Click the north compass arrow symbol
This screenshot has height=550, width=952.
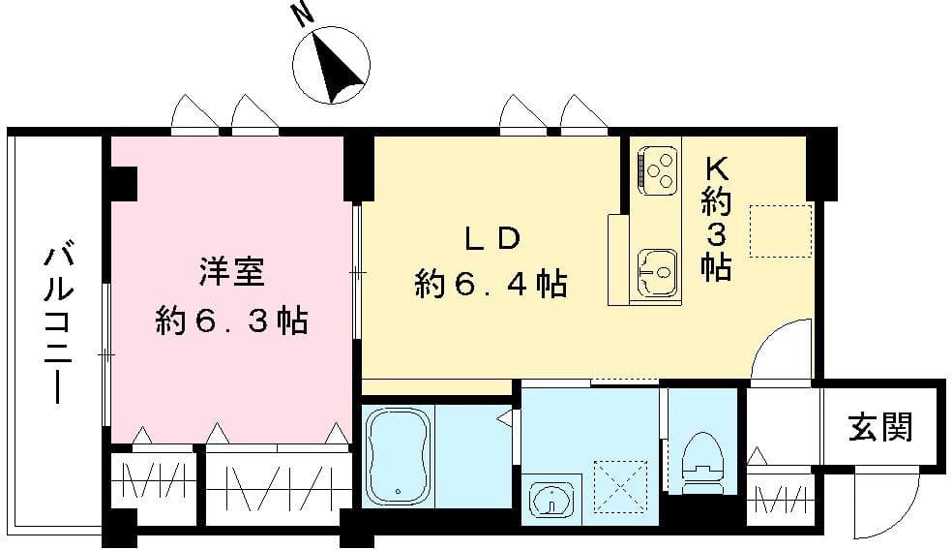(334, 68)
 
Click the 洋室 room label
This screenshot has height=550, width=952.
(231, 272)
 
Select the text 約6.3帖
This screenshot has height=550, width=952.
(231, 321)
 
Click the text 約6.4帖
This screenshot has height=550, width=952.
(491, 285)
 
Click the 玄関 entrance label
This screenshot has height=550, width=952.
(880, 426)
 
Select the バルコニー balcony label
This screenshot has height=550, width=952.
(56, 324)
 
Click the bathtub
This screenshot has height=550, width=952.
(398, 455)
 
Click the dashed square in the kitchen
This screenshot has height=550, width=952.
(780, 230)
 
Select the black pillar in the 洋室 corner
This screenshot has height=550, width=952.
(124, 181)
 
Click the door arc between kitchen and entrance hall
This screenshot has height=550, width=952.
(782, 349)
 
